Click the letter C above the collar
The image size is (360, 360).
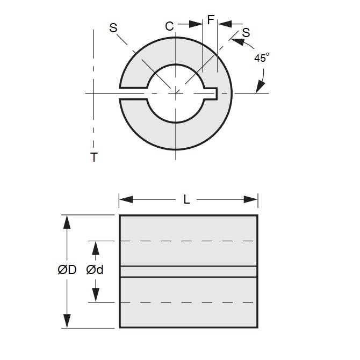click(x=169, y=26)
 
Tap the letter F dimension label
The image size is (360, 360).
click(x=211, y=20)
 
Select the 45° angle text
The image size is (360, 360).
click(x=261, y=59)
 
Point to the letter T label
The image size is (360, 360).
click(x=94, y=157)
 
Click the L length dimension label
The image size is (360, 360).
click(x=186, y=199)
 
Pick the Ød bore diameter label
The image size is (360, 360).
click(x=95, y=270)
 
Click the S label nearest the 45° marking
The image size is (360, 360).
click(x=246, y=32)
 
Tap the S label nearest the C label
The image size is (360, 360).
click(x=113, y=28)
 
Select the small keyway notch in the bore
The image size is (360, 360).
click(x=212, y=93)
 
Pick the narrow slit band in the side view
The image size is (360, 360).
click(x=188, y=271)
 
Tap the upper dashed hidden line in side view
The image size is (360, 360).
click(x=188, y=241)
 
